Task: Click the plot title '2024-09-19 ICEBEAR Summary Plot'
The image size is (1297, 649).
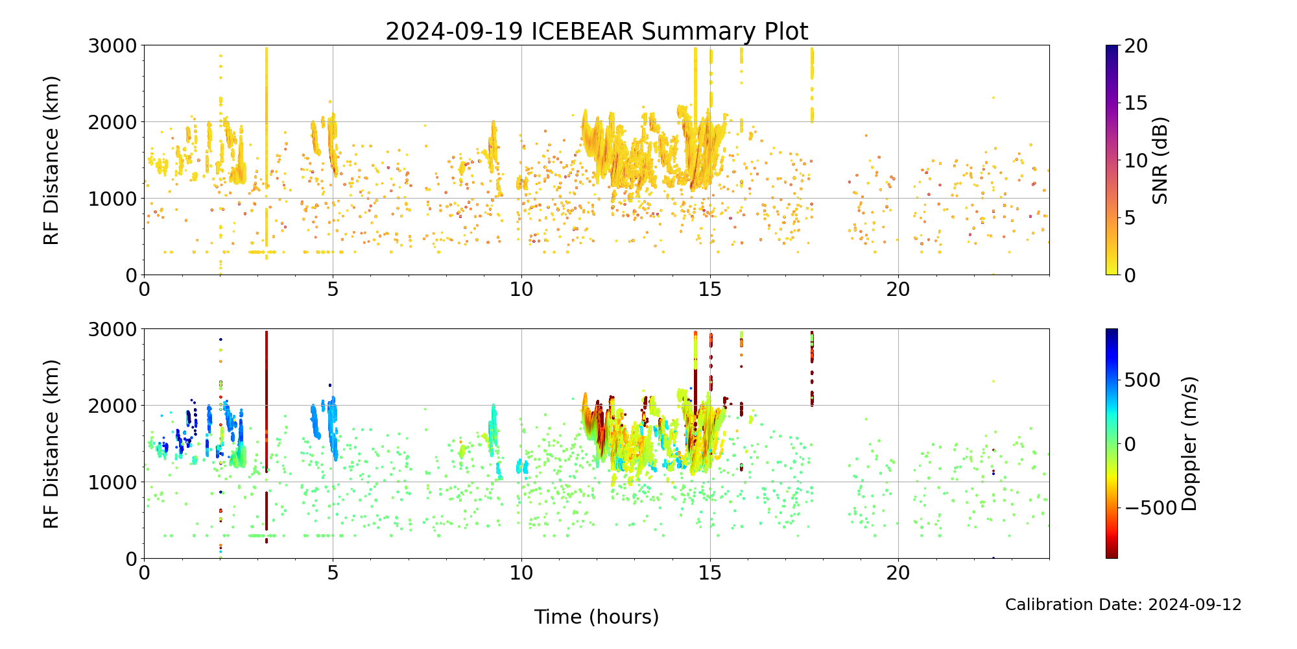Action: coord(597,32)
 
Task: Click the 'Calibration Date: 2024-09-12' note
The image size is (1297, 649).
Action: coord(1123,605)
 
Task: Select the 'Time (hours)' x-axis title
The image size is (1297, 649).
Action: coord(597,617)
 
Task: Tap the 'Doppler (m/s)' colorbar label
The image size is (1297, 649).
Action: coord(1189,443)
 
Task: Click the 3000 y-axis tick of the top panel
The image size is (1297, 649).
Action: coord(113,45)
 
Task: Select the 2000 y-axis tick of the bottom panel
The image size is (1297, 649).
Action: coord(113,406)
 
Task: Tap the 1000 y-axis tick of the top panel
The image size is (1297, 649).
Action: coord(113,199)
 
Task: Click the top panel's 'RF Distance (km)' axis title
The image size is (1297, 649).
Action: coord(51,160)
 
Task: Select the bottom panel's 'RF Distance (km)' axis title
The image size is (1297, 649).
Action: coord(51,444)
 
